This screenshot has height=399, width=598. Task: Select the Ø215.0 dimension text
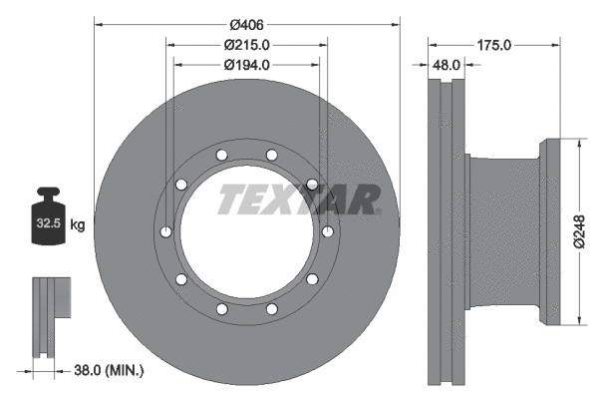246,45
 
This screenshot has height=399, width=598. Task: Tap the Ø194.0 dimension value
246,65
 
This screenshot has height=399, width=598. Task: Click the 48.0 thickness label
444,65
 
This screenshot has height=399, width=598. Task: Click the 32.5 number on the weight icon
47,224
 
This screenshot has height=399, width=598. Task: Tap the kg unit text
77,224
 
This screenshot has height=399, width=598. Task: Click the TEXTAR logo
299,199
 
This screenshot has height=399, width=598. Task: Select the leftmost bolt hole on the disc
165,232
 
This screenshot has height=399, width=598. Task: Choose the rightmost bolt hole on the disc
328,232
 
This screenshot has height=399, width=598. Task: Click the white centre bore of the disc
246,239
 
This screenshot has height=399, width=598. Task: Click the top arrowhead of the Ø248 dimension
578,143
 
